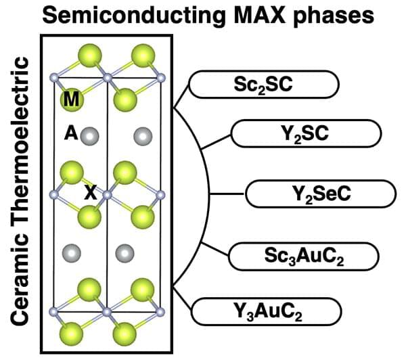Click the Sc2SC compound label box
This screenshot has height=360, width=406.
coord(263,86)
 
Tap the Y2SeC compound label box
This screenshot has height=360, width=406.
coord(319,194)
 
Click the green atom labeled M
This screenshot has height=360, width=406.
coord(72,100)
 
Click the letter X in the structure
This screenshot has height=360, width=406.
coord(89,193)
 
